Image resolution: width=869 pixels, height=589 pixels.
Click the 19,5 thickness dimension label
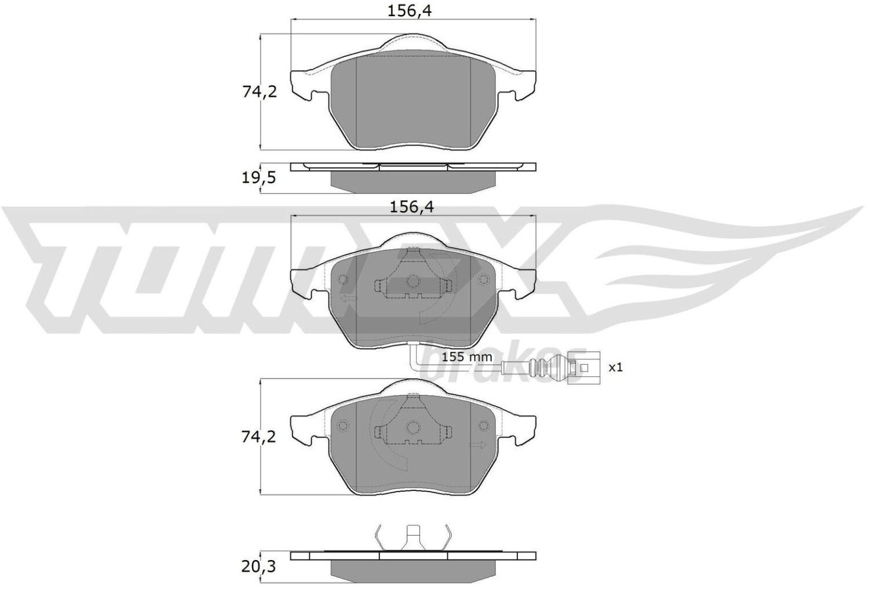coord(258,179)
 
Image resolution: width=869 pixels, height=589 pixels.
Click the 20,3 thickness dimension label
coord(258,567)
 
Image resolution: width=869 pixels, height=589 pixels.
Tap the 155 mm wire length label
coord(467,357)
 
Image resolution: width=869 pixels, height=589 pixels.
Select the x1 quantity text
coord(615,368)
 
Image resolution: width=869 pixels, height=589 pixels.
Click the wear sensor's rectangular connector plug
coord(583,368)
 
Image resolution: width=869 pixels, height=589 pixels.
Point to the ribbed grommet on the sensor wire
coord(546,368)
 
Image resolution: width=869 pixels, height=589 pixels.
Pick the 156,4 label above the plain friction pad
coord(410,12)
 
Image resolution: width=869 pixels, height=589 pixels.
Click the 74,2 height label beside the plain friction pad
coord(260,92)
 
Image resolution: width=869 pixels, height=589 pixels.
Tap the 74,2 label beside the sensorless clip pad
coord(258,437)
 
